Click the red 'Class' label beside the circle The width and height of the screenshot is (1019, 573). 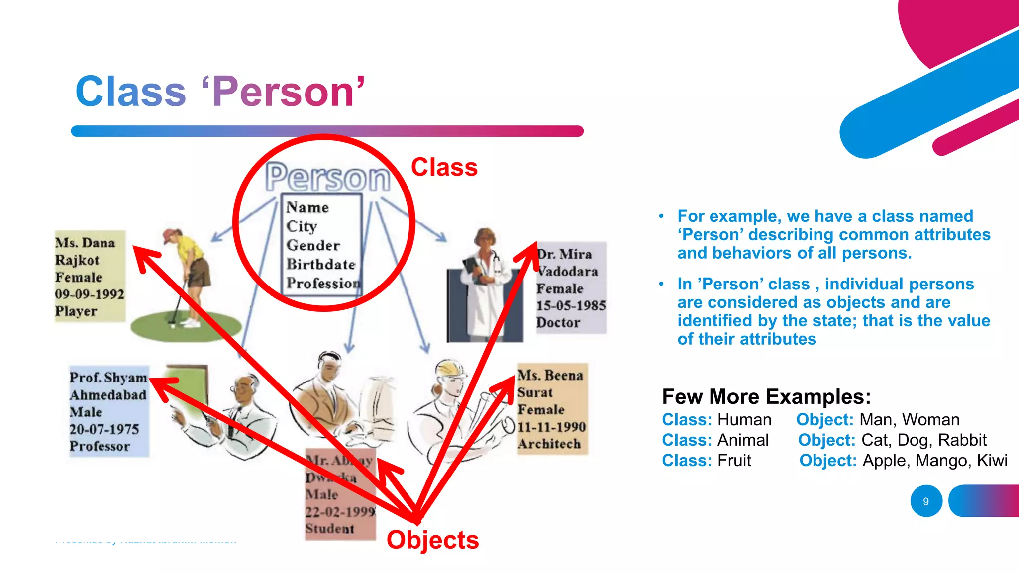coord(444,167)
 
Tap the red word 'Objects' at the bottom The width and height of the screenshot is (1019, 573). coord(432,540)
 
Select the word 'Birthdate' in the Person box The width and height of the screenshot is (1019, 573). coord(320,264)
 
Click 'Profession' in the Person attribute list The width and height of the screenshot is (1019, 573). coord(323,283)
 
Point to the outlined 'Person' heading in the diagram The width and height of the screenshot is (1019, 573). coord(328,177)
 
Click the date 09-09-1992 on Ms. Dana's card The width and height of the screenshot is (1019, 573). coord(90,294)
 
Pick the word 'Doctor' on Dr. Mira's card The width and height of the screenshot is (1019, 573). coord(558,322)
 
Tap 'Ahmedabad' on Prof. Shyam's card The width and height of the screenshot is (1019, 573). coord(108,395)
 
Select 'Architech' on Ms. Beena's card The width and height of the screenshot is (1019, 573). coord(549,444)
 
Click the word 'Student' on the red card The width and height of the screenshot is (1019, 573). coord(329,528)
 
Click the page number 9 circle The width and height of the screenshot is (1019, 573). coord(926,501)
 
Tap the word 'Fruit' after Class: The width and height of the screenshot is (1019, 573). coord(734,461)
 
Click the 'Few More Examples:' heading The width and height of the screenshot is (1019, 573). coord(766,397)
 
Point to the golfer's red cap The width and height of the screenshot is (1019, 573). coord(171,233)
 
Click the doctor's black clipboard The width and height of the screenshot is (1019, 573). coord(471,269)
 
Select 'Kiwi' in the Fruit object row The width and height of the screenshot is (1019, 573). coord(992,461)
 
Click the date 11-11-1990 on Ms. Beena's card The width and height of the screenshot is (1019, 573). coord(551,427)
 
